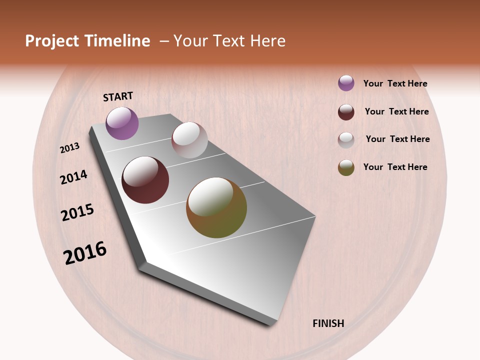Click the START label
(118, 96)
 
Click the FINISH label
(328, 323)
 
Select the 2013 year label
(70, 148)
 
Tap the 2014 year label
(74, 177)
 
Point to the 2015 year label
(77, 212)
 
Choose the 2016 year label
(85, 252)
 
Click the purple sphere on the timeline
(122, 123)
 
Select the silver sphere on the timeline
(189, 140)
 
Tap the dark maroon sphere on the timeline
(145, 180)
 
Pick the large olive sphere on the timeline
(216, 207)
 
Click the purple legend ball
(346, 83)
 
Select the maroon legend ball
(346, 112)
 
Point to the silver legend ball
(346, 140)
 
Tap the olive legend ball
(346, 168)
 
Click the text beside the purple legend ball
(395, 83)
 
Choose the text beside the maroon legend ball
(396, 111)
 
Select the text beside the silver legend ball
(397, 139)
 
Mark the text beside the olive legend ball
(395, 167)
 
